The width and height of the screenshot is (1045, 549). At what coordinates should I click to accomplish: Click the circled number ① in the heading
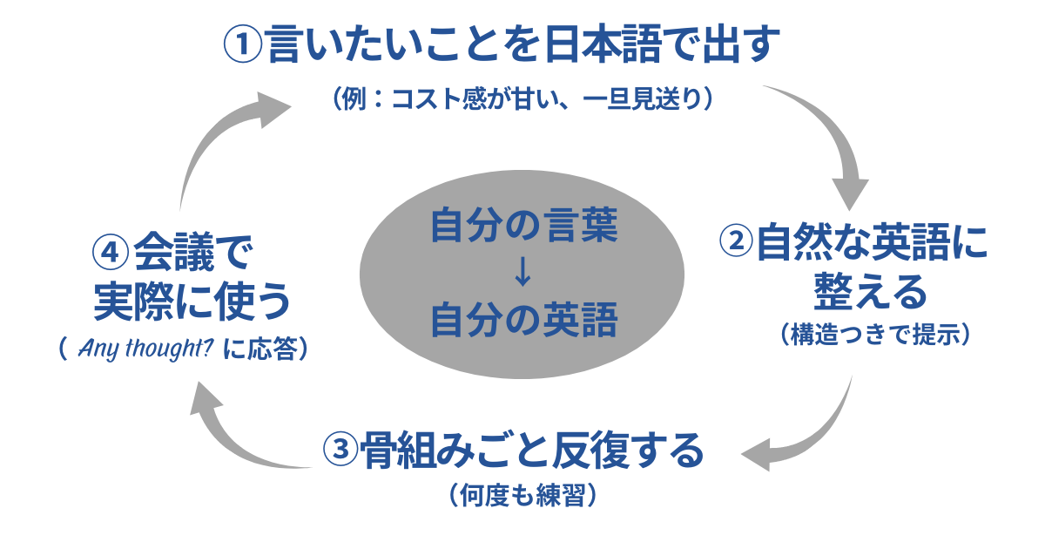point(243,44)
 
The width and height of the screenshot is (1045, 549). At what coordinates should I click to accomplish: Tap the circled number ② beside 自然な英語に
point(737,242)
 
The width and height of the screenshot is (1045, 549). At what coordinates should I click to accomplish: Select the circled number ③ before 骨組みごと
point(340,451)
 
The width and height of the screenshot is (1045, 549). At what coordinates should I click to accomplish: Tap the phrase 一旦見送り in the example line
point(641,98)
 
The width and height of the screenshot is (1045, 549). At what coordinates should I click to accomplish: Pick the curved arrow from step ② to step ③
point(810,427)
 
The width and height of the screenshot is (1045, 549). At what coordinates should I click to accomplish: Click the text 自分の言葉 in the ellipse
point(523,227)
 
